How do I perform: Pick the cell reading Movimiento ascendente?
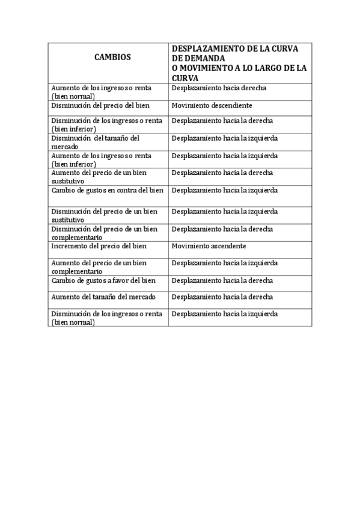point(209,247)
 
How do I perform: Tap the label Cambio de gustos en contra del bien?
point(107,191)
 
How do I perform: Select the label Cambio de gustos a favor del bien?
point(103,280)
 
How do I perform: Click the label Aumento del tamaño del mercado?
point(103,297)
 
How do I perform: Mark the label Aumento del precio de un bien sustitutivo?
point(99,176)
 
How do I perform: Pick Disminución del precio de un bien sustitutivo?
point(104,215)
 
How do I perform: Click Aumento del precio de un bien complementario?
point(99,267)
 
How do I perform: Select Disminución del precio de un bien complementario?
point(104,233)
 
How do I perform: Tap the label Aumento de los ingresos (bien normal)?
point(101,91)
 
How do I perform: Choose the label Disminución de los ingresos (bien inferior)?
point(106,124)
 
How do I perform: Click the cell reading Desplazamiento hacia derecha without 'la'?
point(219,88)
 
